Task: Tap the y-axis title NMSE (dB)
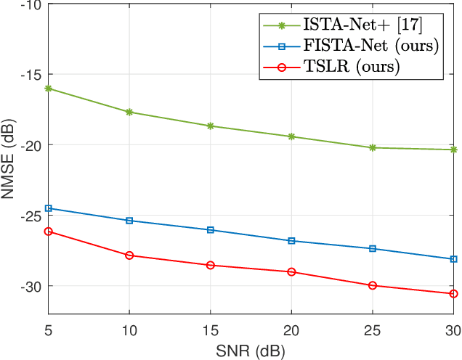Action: point(9,159)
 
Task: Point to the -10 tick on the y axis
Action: point(31,4)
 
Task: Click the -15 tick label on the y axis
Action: point(31,75)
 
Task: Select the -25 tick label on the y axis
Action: point(31,216)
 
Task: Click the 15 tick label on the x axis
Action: point(211,330)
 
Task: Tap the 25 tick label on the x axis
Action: point(373,330)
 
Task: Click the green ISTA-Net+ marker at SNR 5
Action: point(49,89)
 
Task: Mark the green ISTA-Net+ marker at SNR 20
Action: point(291,136)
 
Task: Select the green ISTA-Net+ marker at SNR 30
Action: point(454,150)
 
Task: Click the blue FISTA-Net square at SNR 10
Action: point(129,221)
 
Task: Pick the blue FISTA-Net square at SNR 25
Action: point(373,249)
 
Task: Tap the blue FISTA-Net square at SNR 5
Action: point(49,208)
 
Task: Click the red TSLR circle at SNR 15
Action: point(211,266)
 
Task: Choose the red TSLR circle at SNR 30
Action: point(454,294)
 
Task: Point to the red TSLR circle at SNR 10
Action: point(129,255)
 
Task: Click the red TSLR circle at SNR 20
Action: point(291,272)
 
